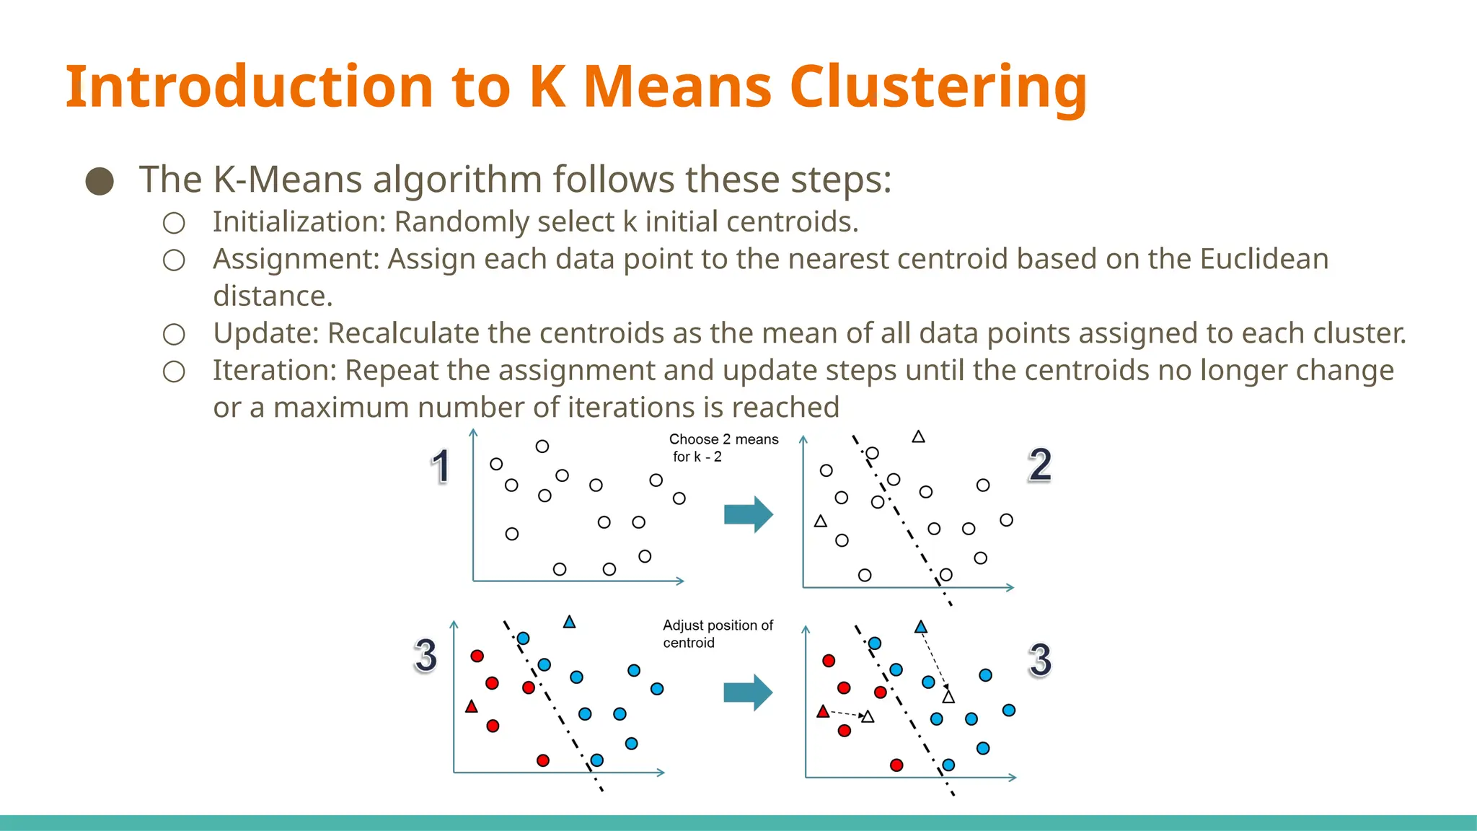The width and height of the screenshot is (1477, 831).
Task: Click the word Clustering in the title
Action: pyautogui.click(x=938, y=88)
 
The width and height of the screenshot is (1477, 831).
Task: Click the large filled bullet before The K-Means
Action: pyautogui.click(x=100, y=181)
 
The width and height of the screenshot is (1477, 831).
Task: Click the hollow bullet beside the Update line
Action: pyautogui.click(x=174, y=334)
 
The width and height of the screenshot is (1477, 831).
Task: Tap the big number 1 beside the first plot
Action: pyautogui.click(x=440, y=467)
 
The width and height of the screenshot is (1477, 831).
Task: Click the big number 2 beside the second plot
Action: pyautogui.click(x=1039, y=465)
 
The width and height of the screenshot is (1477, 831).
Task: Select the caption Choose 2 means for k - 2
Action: pyautogui.click(x=723, y=447)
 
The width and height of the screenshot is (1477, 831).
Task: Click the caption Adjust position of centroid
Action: pyautogui.click(x=717, y=633)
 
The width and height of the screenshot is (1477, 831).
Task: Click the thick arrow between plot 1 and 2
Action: pyautogui.click(x=749, y=514)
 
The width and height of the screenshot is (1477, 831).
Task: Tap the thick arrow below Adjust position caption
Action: pyautogui.click(x=748, y=692)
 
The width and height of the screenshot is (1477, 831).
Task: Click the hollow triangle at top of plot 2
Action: pyautogui.click(x=918, y=437)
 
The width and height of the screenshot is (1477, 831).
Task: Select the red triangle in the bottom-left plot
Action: pyautogui.click(x=472, y=707)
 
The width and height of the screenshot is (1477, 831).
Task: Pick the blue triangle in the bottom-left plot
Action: pyautogui.click(x=569, y=622)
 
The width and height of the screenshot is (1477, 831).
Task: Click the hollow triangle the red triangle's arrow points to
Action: pyautogui.click(x=868, y=717)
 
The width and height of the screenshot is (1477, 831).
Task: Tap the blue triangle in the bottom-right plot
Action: pyautogui.click(x=921, y=628)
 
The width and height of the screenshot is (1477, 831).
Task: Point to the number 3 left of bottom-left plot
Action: pyautogui.click(x=426, y=656)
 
